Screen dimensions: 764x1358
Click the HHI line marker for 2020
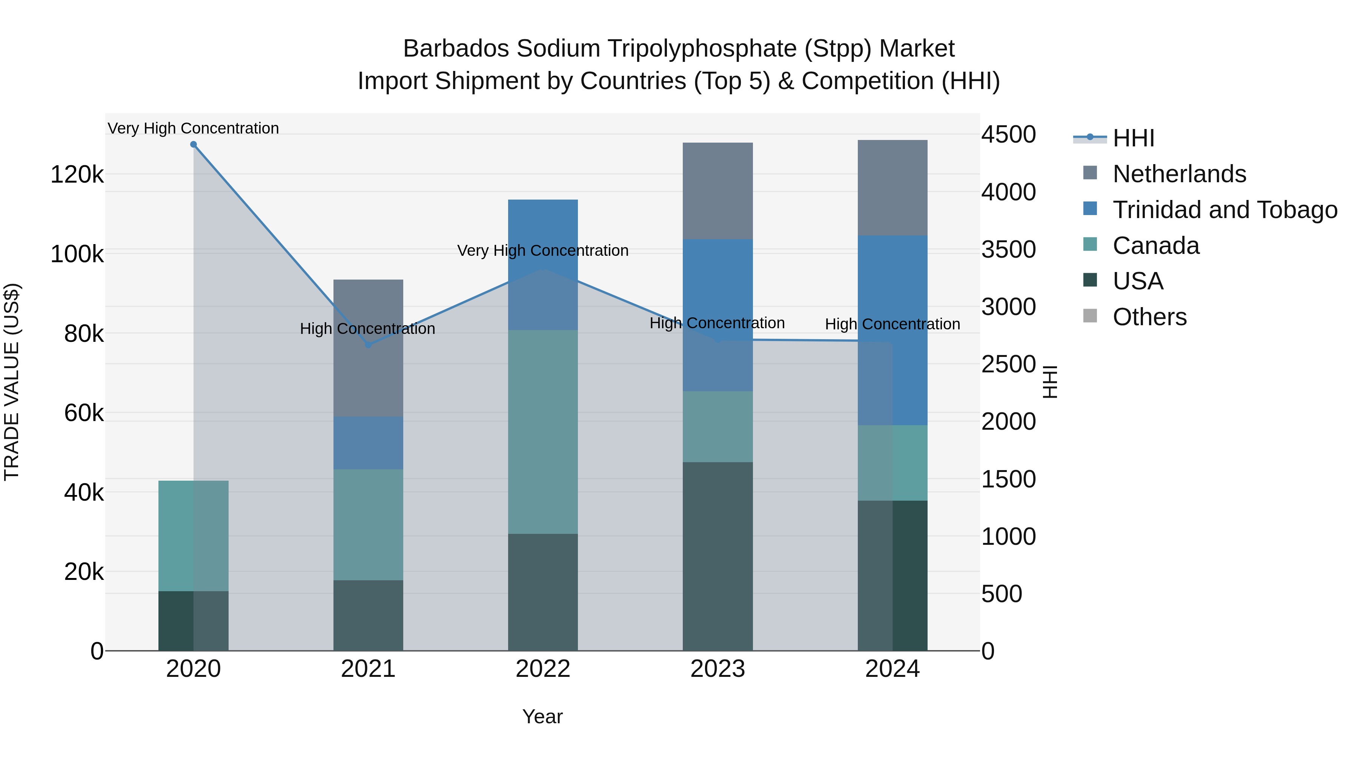[194, 144]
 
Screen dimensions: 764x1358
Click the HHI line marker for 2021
[368, 345]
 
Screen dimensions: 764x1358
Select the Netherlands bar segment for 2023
[717, 191]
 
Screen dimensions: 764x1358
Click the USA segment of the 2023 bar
[717, 556]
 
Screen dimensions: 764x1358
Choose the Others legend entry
[1149, 317]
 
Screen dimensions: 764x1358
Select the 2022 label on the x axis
[543, 669]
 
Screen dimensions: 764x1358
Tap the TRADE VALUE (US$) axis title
[12, 382]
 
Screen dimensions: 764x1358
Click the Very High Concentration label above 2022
[543, 251]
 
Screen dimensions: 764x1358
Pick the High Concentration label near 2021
[367, 329]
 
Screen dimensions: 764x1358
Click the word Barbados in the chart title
[456, 49]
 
